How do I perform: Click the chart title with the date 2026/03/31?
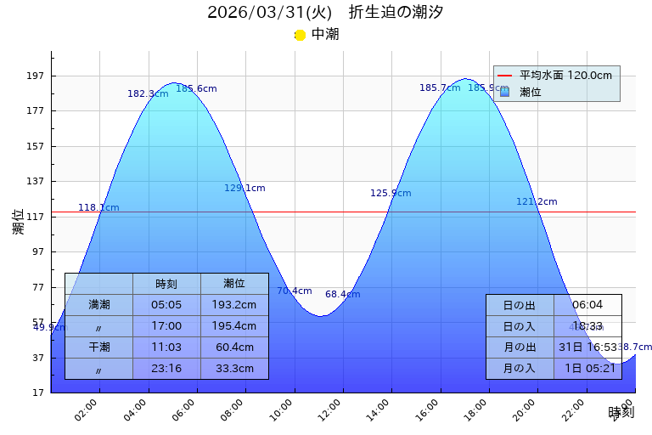tap(325, 13)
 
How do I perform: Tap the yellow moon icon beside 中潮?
tap(300, 35)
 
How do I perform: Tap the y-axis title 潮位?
tap(19, 222)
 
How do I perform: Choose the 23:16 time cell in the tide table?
tap(166, 369)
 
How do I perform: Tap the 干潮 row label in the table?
tap(99, 347)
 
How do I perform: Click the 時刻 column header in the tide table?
tap(166, 284)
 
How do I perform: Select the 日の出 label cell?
tap(520, 305)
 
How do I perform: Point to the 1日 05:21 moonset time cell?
tap(587, 369)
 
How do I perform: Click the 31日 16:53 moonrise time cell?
tap(587, 347)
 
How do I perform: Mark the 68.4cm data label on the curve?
tap(342, 295)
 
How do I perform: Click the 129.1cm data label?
tap(244, 189)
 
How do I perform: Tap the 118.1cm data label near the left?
tap(98, 207)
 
